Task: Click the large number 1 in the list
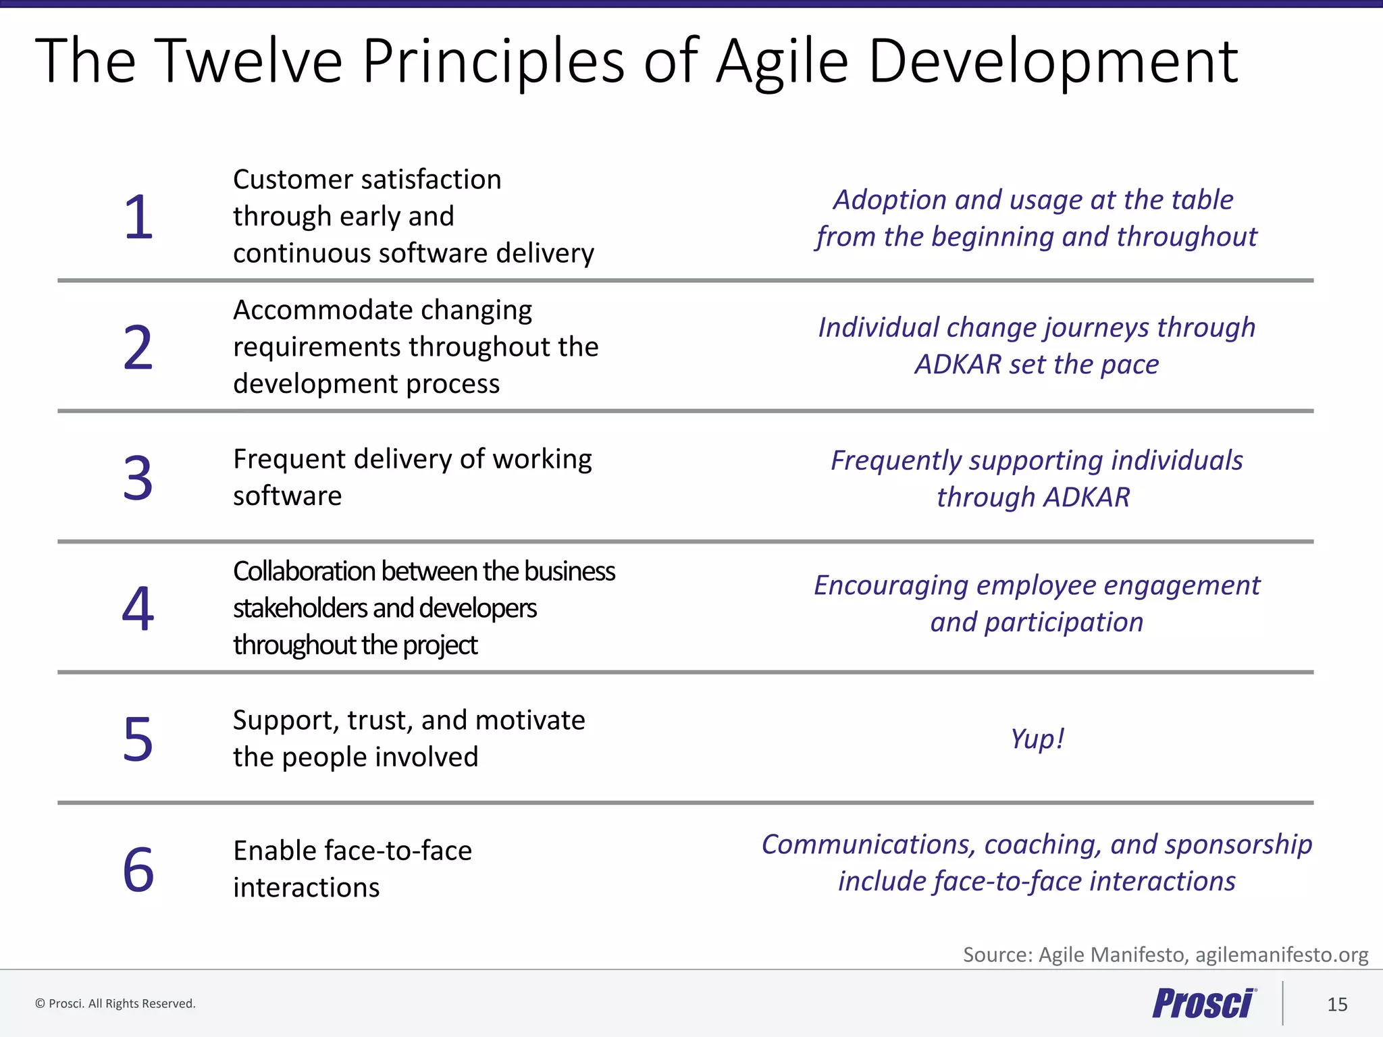coord(138,217)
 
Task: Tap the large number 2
coord(138,348)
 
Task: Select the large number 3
coord(138,478)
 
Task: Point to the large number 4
coord(138,609)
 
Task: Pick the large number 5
coord(138,739)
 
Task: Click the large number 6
coord(138,870)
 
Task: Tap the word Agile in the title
coord(781,62)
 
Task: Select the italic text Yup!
coord(1037,739)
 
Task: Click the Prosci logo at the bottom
coord(1204,1003)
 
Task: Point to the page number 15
coord(1337,1005)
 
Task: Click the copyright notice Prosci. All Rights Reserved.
coord(115,1004)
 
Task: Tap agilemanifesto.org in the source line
coord(1281,955)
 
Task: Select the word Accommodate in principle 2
coord(313,310)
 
